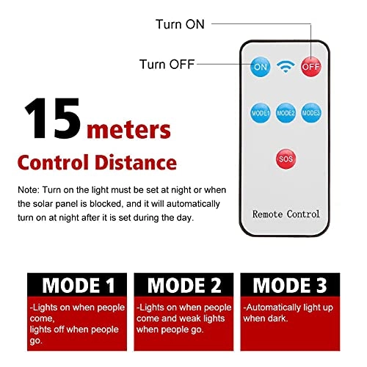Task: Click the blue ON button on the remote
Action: [x=261, y=67]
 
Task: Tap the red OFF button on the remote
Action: [x=310, y=67]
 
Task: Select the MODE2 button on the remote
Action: [x=286, y=113]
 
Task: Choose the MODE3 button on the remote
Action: [x=311, y=113]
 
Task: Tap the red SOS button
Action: [x=286, y=159]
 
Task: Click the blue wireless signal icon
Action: [x=286, y=67]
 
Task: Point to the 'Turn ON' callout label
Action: [x=180, y=24]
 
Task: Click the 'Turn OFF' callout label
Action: [x=167, y=65]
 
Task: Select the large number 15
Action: [x=53, y=118]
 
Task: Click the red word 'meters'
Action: [x=128, y=130]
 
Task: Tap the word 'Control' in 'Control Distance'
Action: [x=53, y=162]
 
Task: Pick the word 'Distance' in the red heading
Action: [x=136, y=162]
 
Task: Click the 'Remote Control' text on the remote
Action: [x=286, y=214]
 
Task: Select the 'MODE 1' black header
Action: [x=77, y=285]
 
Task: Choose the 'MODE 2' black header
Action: [x=183, y=285]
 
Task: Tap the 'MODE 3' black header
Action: [x=290, y=285]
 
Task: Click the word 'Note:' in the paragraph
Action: [x=29, y=190]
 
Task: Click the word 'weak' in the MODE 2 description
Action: [x=192, y=319]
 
